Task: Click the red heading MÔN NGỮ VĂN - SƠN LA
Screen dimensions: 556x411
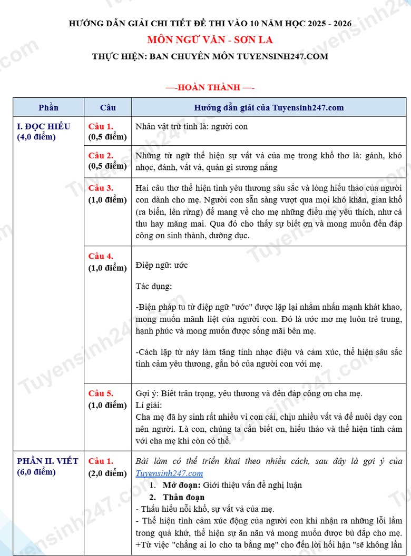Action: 210,39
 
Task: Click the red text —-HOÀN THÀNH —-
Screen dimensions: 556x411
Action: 210,87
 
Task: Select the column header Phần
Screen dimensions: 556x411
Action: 48,107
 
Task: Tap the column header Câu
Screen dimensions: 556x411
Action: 107,107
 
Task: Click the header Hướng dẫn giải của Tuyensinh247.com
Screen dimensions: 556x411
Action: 269,107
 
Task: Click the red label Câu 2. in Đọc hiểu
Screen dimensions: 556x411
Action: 101,156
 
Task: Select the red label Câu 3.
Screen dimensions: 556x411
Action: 101,188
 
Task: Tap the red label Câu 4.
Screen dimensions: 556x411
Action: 101,256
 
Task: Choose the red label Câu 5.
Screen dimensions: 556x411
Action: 101,393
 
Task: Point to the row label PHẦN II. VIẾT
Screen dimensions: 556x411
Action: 47,461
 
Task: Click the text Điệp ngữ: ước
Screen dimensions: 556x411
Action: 161,265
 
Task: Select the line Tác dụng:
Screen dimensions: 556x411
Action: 153,287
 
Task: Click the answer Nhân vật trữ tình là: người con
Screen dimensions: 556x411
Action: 191,126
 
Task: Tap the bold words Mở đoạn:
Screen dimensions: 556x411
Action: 182,485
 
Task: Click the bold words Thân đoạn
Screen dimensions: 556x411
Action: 183,497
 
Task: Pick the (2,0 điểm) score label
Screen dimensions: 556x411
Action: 107,473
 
